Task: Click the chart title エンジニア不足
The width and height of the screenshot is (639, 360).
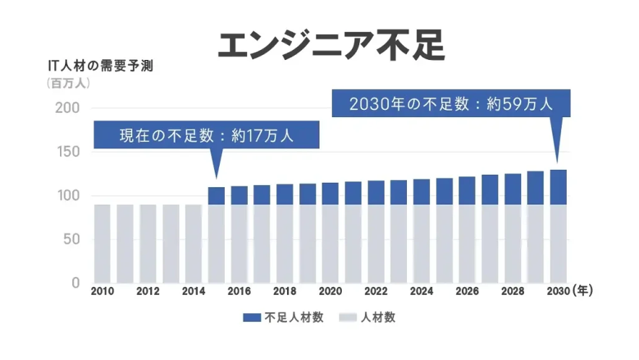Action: click(332, 44)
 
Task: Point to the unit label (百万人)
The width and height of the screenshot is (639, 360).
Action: click(69, 83)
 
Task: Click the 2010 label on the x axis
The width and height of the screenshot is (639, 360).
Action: click(103, 291)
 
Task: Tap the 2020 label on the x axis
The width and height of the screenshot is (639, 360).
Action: click(330, 291)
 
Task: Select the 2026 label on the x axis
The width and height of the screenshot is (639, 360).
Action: click(467, 291)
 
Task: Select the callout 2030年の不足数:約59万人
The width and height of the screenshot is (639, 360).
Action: click(450, 103)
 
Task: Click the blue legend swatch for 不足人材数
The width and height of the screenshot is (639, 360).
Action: click(252, 317)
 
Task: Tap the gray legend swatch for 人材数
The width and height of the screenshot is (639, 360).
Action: click(348, 317)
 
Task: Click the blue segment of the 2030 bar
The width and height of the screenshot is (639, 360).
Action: click(558, 187)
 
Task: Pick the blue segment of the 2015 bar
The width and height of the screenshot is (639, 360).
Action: click(216, 196)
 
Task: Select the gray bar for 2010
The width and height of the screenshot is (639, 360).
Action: click(103, 244)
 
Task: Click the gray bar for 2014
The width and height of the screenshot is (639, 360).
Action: click(194, 244)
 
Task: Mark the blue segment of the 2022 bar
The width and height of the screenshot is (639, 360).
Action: click(376, 193)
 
